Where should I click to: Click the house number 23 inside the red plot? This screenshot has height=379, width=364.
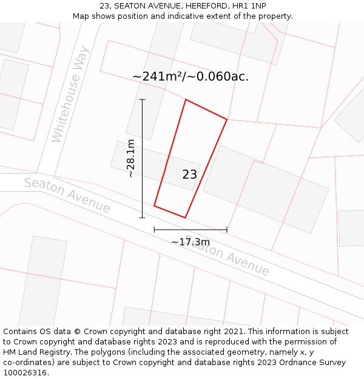(189, 175)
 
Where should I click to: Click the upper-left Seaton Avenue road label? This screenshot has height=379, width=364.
(67, 195)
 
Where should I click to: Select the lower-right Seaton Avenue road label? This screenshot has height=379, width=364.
(227, 255)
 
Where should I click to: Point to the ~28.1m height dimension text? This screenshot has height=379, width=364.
(130, 158)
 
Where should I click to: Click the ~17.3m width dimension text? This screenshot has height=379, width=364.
(190, 242)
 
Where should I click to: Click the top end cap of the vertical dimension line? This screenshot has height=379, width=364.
(143, 99)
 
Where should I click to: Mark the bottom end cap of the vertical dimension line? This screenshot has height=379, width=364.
(143, 217)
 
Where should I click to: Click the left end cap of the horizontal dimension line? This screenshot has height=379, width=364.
(154, 230)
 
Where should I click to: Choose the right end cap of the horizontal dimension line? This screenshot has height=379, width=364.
(227, 230)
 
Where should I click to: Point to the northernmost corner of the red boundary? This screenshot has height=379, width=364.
(186, 100)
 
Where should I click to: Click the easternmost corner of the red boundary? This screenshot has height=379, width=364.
(227, 119)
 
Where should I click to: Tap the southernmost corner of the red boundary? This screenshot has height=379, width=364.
(185, 218)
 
